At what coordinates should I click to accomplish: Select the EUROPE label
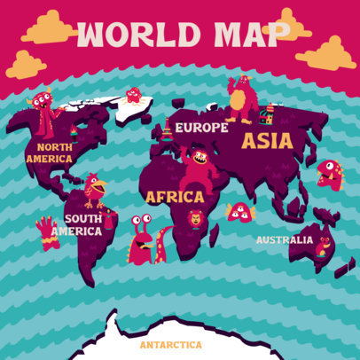pos(202,128)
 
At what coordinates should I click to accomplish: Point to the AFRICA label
pos(174,196)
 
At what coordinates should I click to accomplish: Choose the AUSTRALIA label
pos(284,239)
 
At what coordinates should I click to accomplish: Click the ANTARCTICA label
pos(170,344)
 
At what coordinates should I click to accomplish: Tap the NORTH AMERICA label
pos(50,153)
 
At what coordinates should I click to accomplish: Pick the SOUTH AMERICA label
pos(76,223)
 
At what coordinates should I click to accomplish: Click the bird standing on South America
pos(95,190)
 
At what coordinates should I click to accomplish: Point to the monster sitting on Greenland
pos(134,96)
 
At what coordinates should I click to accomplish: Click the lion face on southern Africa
pos(195,218)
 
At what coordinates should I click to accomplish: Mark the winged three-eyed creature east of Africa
pos(239,211)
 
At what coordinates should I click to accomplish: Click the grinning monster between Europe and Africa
pos(196,166)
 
